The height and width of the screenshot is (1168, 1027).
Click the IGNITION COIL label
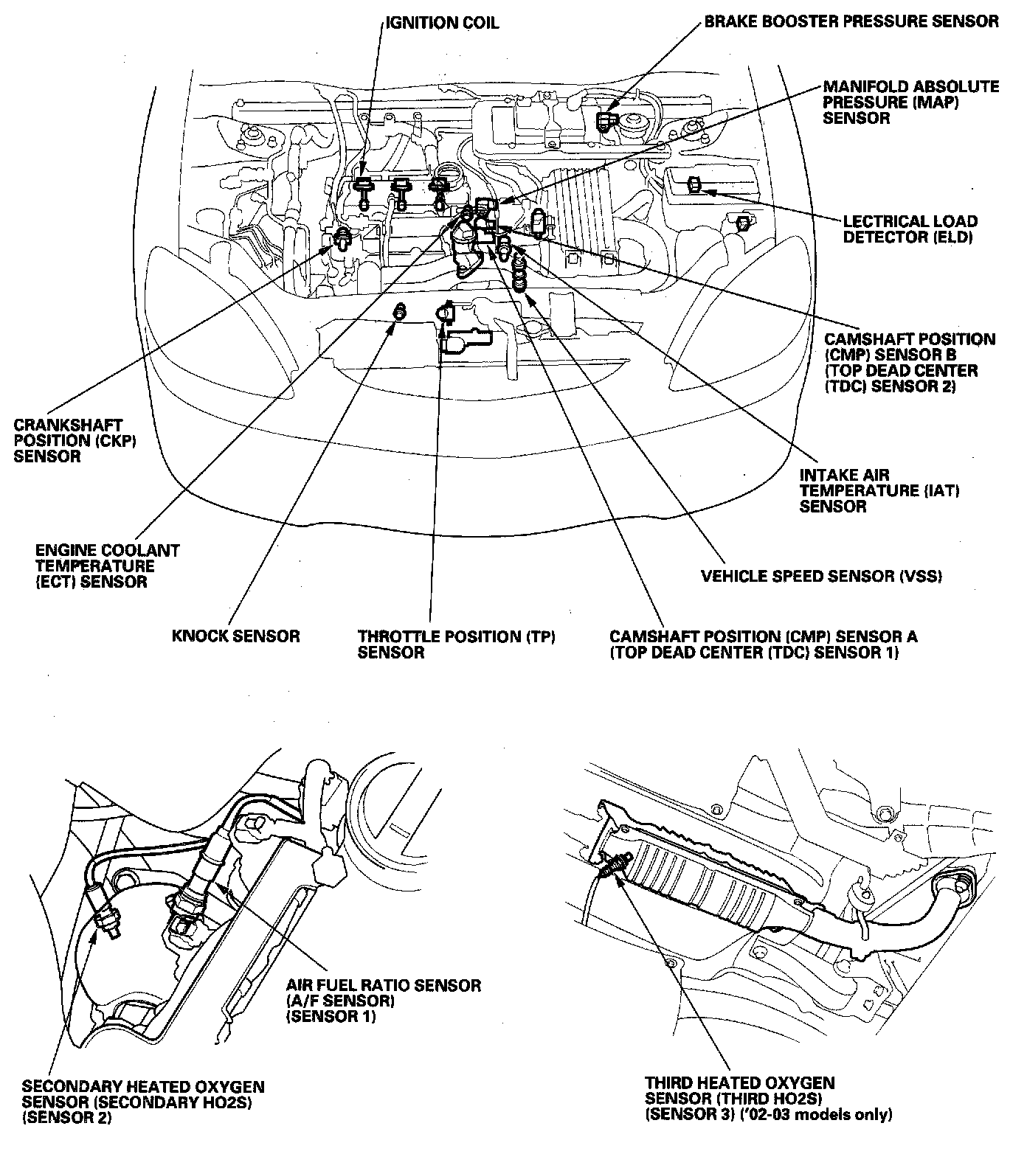pyautogui.click(x=442, y=23)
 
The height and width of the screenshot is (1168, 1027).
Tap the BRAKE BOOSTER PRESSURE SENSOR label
pyautogui.click(x=851, y=21)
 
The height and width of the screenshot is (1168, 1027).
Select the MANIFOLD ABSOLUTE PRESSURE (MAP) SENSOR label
pyautogui.click(x=910, y=102)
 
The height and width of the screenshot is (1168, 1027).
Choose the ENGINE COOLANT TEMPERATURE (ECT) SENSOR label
pyautogui.click(x=108, y=566)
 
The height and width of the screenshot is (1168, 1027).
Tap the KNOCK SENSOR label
pyautogui.click(x=235, y=636)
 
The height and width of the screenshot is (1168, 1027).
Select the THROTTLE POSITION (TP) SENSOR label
pyautogui.click(x=455, y=644)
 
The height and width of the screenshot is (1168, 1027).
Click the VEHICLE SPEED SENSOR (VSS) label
pyautogui.click(x=821, y=576)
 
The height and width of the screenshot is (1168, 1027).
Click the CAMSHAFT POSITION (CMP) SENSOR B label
pyautogui.click(x=909, y=363)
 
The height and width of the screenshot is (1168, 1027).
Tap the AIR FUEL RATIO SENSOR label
pyautogui.click(x=383, y=1000)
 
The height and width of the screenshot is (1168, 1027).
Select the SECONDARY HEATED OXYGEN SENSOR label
pyautogui.click(x=142, y=1102)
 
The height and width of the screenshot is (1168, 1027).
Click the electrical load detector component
pyautogui.click(x=694, y=185)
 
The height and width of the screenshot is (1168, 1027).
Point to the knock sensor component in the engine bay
pyautogui.click(x=400, y=311)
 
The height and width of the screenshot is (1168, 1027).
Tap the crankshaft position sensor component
pyautogui.click(x=342, y=239)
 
